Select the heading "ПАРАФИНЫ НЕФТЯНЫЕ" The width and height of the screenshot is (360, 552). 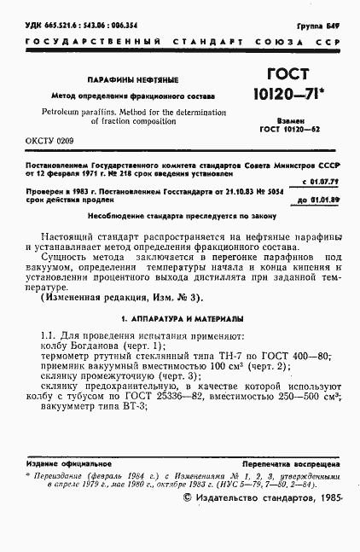tap(132, 80)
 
